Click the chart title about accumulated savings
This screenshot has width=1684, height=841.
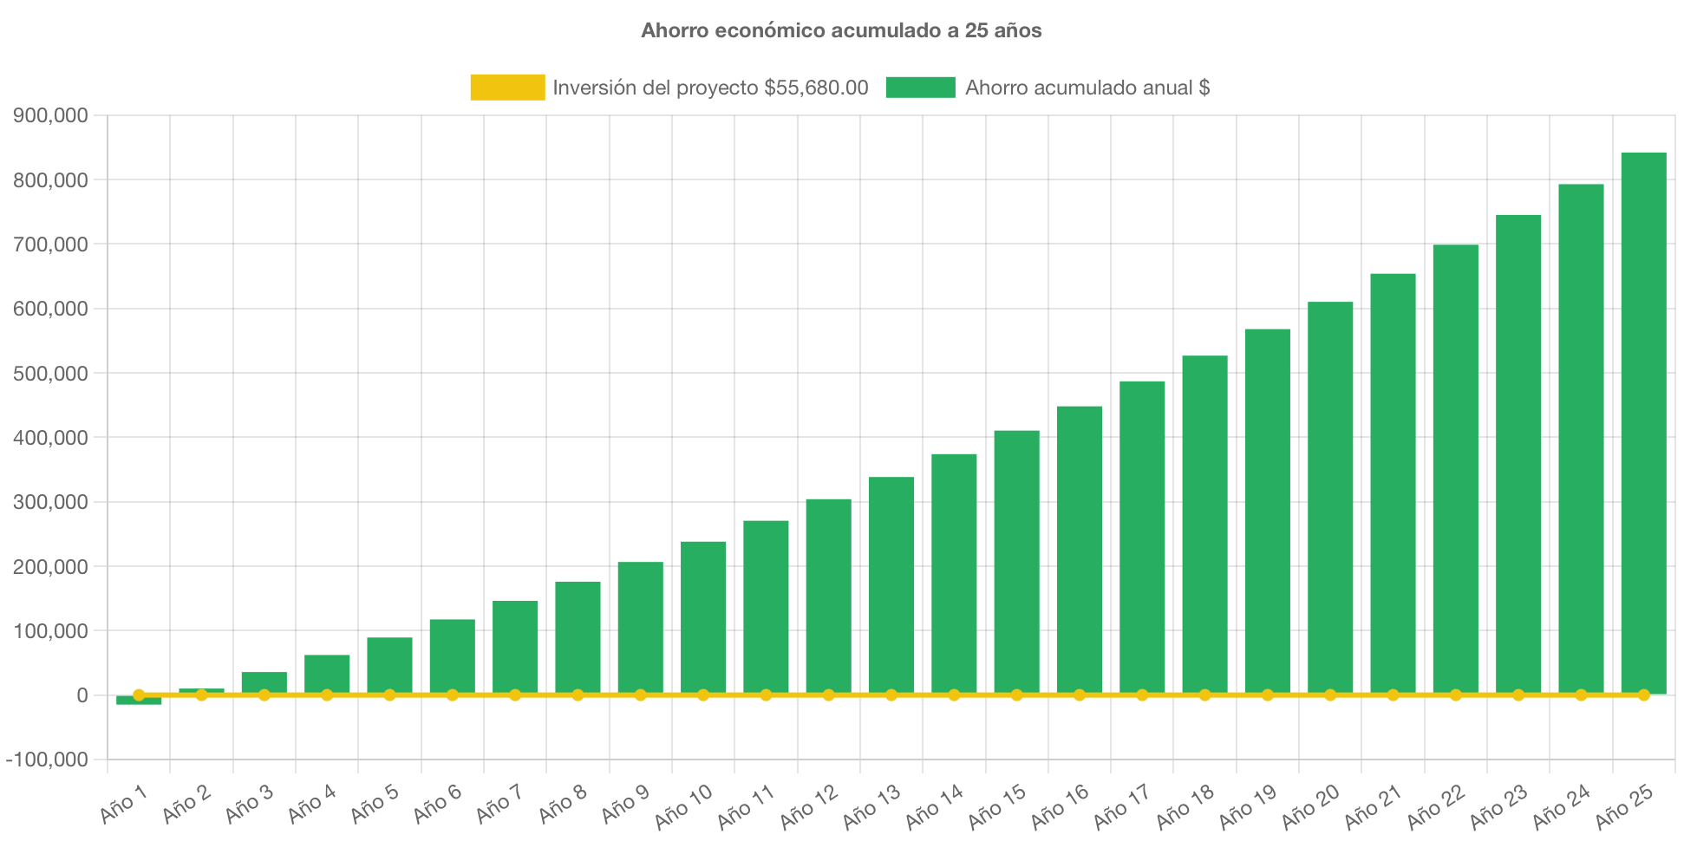click(x=841, y=30)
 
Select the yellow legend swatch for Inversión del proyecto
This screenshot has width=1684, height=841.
click(x=507, y=88)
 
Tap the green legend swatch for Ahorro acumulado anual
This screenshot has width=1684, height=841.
click(x=920, y=88)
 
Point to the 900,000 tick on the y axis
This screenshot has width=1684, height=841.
click(x=50, y=115)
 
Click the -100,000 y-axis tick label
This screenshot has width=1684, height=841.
click(x=47, y=760)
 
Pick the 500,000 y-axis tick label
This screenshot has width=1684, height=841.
click(x=50, y=374)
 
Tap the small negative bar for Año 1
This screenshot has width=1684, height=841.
click(x=139, y=701)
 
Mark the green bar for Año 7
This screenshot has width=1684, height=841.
click(x=515, y=648)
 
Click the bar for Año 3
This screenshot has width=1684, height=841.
click(x=264, y=682)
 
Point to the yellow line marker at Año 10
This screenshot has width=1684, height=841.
click(x=703, y=695)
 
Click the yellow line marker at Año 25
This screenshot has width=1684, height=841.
click(x=1643, y=695)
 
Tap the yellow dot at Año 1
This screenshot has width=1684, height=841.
click(x=139, y=694)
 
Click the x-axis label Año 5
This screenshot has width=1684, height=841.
click(x=375, y=804)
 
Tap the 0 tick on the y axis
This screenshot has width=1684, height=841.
click(x=82, y=695)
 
